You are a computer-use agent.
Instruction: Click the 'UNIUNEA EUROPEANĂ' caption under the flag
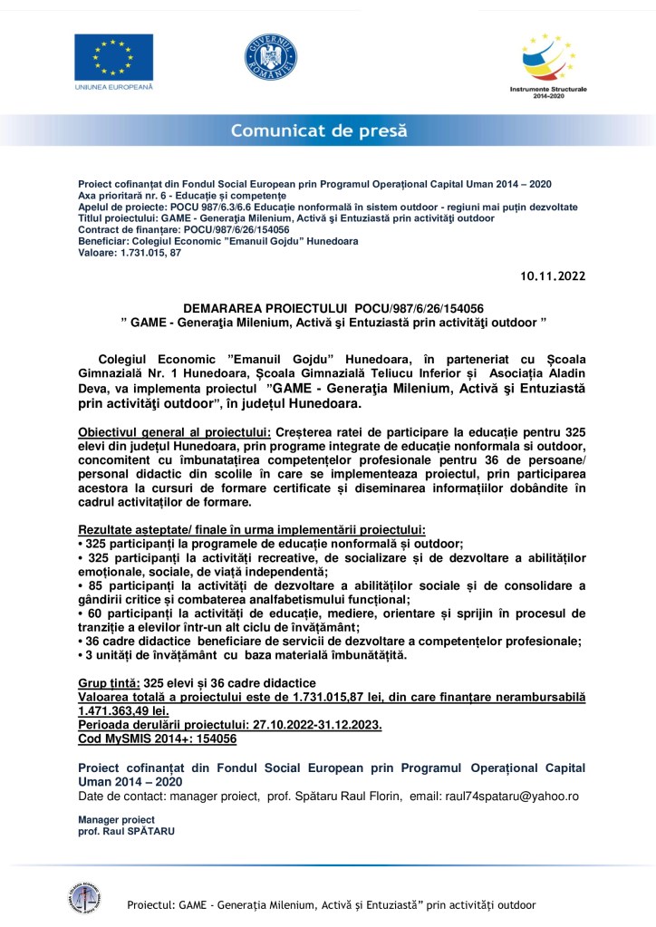114,87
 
